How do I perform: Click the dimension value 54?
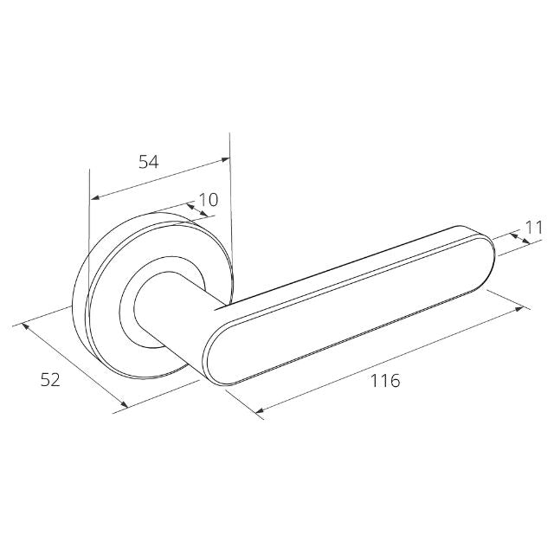click(x=148, y=162)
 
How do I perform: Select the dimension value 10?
click(x=209, y=200)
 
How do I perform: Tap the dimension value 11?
click(x=534, y=228)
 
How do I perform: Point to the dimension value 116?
click(x=385, y=381)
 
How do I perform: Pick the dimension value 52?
click(x=50, y=380)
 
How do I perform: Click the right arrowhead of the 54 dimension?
click(x=225, y=159)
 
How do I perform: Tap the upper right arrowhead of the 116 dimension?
click(x=519, y=310)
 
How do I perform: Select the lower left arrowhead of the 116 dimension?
click(x=260, y=410)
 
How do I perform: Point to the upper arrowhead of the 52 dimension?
click(x=25, y=326)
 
